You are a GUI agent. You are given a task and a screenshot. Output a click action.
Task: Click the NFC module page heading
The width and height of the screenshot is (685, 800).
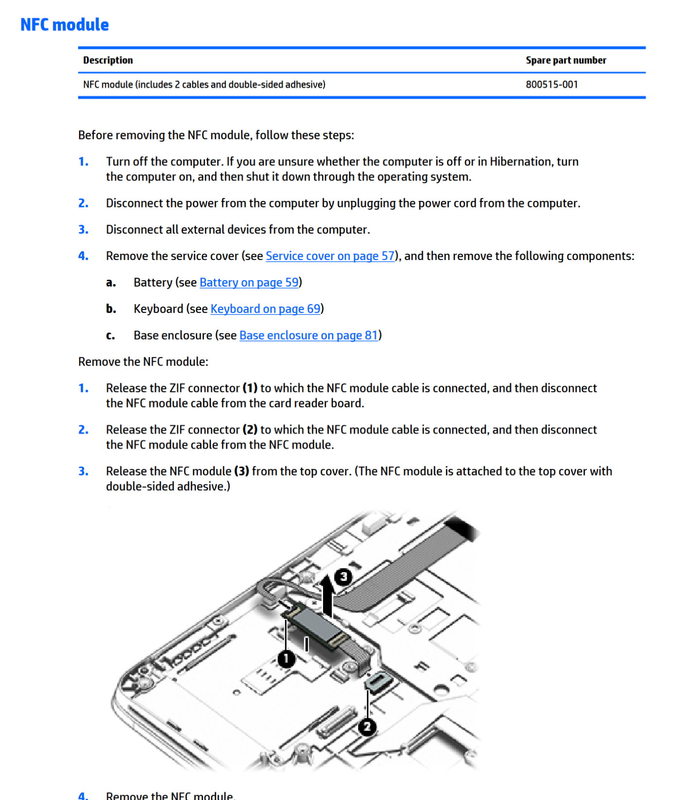[x=65, y=25]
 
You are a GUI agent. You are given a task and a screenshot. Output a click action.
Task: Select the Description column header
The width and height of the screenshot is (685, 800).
[x=108, y=60]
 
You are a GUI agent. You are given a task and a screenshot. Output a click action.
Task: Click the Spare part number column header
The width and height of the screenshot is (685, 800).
[x=565, y=60]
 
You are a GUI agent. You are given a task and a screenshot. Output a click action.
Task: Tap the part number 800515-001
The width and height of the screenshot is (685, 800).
[x=551, y=85]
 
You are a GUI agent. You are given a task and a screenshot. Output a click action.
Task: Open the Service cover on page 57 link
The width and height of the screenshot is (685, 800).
[x=330, y=256]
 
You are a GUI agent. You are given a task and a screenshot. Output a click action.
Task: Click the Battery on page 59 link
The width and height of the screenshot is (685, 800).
[x=249, y=282]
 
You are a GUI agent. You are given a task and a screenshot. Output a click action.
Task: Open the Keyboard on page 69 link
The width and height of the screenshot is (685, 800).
[x=265, y=309]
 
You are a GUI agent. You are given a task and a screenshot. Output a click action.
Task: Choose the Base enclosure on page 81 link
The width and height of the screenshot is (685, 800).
[x=308, y=335]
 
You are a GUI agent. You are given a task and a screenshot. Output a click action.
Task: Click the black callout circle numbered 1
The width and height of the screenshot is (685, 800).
[x=286, y=659]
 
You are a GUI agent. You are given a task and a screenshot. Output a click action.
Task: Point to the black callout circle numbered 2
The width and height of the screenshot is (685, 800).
[x=367, y=727]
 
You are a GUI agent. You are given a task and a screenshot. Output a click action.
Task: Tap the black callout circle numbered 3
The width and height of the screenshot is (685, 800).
[x=343, y=577]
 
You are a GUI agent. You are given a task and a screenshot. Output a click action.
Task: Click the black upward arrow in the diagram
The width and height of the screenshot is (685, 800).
[x=328, y=595]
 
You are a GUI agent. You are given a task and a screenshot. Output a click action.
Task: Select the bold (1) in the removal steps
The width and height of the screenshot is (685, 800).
[x=250, y=388]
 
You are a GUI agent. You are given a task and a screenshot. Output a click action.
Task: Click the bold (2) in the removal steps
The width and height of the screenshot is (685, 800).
[x=250, y=430]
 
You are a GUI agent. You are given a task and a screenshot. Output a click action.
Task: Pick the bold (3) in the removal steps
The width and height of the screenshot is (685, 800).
[x=241, y=471]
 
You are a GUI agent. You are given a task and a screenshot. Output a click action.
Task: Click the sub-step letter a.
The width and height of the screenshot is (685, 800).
[x=111, y=283]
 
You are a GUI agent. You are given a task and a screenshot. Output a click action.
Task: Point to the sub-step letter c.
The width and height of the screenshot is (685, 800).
[x=111, y=336]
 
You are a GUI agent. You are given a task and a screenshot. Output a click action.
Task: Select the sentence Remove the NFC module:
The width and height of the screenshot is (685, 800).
[x=143, y=362]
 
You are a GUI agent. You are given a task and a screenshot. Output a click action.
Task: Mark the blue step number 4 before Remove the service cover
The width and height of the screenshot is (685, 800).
[x=83, y=256]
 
